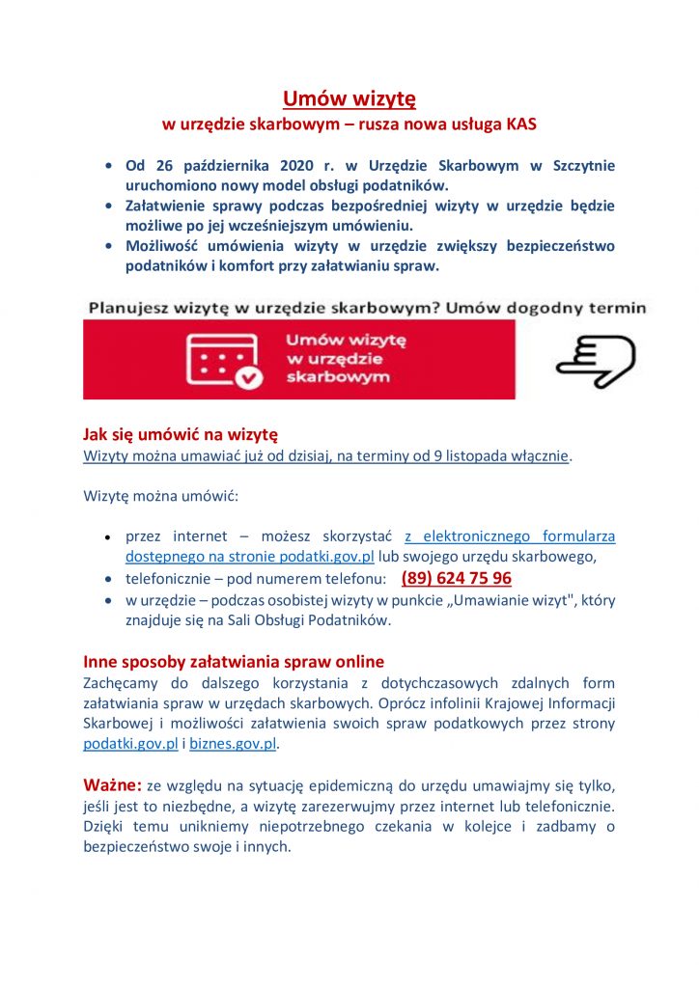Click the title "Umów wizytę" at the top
349,99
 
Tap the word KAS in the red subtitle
521,125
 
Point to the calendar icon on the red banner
224,360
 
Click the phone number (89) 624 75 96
456,579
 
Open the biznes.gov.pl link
234,744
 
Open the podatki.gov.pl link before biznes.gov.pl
131,744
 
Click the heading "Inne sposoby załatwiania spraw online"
234,662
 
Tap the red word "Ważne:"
113,784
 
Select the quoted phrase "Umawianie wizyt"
521,600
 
